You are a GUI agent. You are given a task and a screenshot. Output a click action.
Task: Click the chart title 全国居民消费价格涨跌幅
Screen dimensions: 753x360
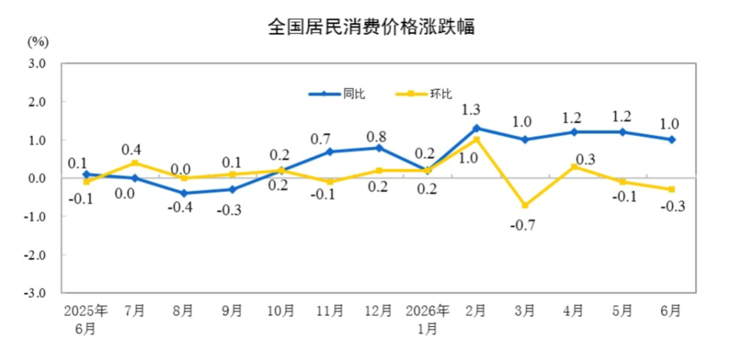pyautogui.click(x=371, y=27)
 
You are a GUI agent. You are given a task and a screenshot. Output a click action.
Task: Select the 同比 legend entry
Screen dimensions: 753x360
pyautogui.click(x=337, y=94)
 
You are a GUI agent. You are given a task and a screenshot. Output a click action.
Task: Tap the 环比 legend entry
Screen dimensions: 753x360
pyautogui.click(x=424, y=94)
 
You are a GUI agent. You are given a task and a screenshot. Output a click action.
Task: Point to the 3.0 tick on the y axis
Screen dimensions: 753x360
pyautogui.click(x=36, y=63)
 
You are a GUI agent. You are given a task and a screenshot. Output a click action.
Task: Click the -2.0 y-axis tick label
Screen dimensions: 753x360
pyautogui.click(x=35, y=255)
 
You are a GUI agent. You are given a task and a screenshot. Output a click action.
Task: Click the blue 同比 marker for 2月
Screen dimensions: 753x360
pyautogui.click(x=476, y=128)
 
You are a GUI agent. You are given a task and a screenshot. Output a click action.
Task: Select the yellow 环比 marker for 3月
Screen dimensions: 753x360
pyautogui.click(x=525, y=205)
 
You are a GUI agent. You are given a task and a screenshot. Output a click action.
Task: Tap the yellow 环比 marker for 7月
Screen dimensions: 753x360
pyautogui.click(x=135, y=163)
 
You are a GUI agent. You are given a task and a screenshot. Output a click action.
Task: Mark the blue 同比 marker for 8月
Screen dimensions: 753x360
pyautogui.click(x=184, y=193)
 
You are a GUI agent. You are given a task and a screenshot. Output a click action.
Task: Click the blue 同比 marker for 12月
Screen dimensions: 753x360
pyautogui.click(x=379, y=147)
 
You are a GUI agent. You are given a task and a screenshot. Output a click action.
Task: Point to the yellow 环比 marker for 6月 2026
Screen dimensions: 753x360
pyautogui.click(x=672, y=189)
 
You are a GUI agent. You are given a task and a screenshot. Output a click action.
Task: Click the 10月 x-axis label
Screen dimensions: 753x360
pyautogui.click(x=281, y=311)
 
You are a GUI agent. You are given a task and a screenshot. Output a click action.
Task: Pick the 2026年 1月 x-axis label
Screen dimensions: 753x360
pyautogui.click(x=427, y=320)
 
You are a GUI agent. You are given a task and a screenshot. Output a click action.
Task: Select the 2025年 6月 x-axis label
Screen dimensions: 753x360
pyautogui.click(x=86, y=320)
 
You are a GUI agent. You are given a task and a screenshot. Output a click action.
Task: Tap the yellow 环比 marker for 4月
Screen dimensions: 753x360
pyautogui.click(x=574, y=167)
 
